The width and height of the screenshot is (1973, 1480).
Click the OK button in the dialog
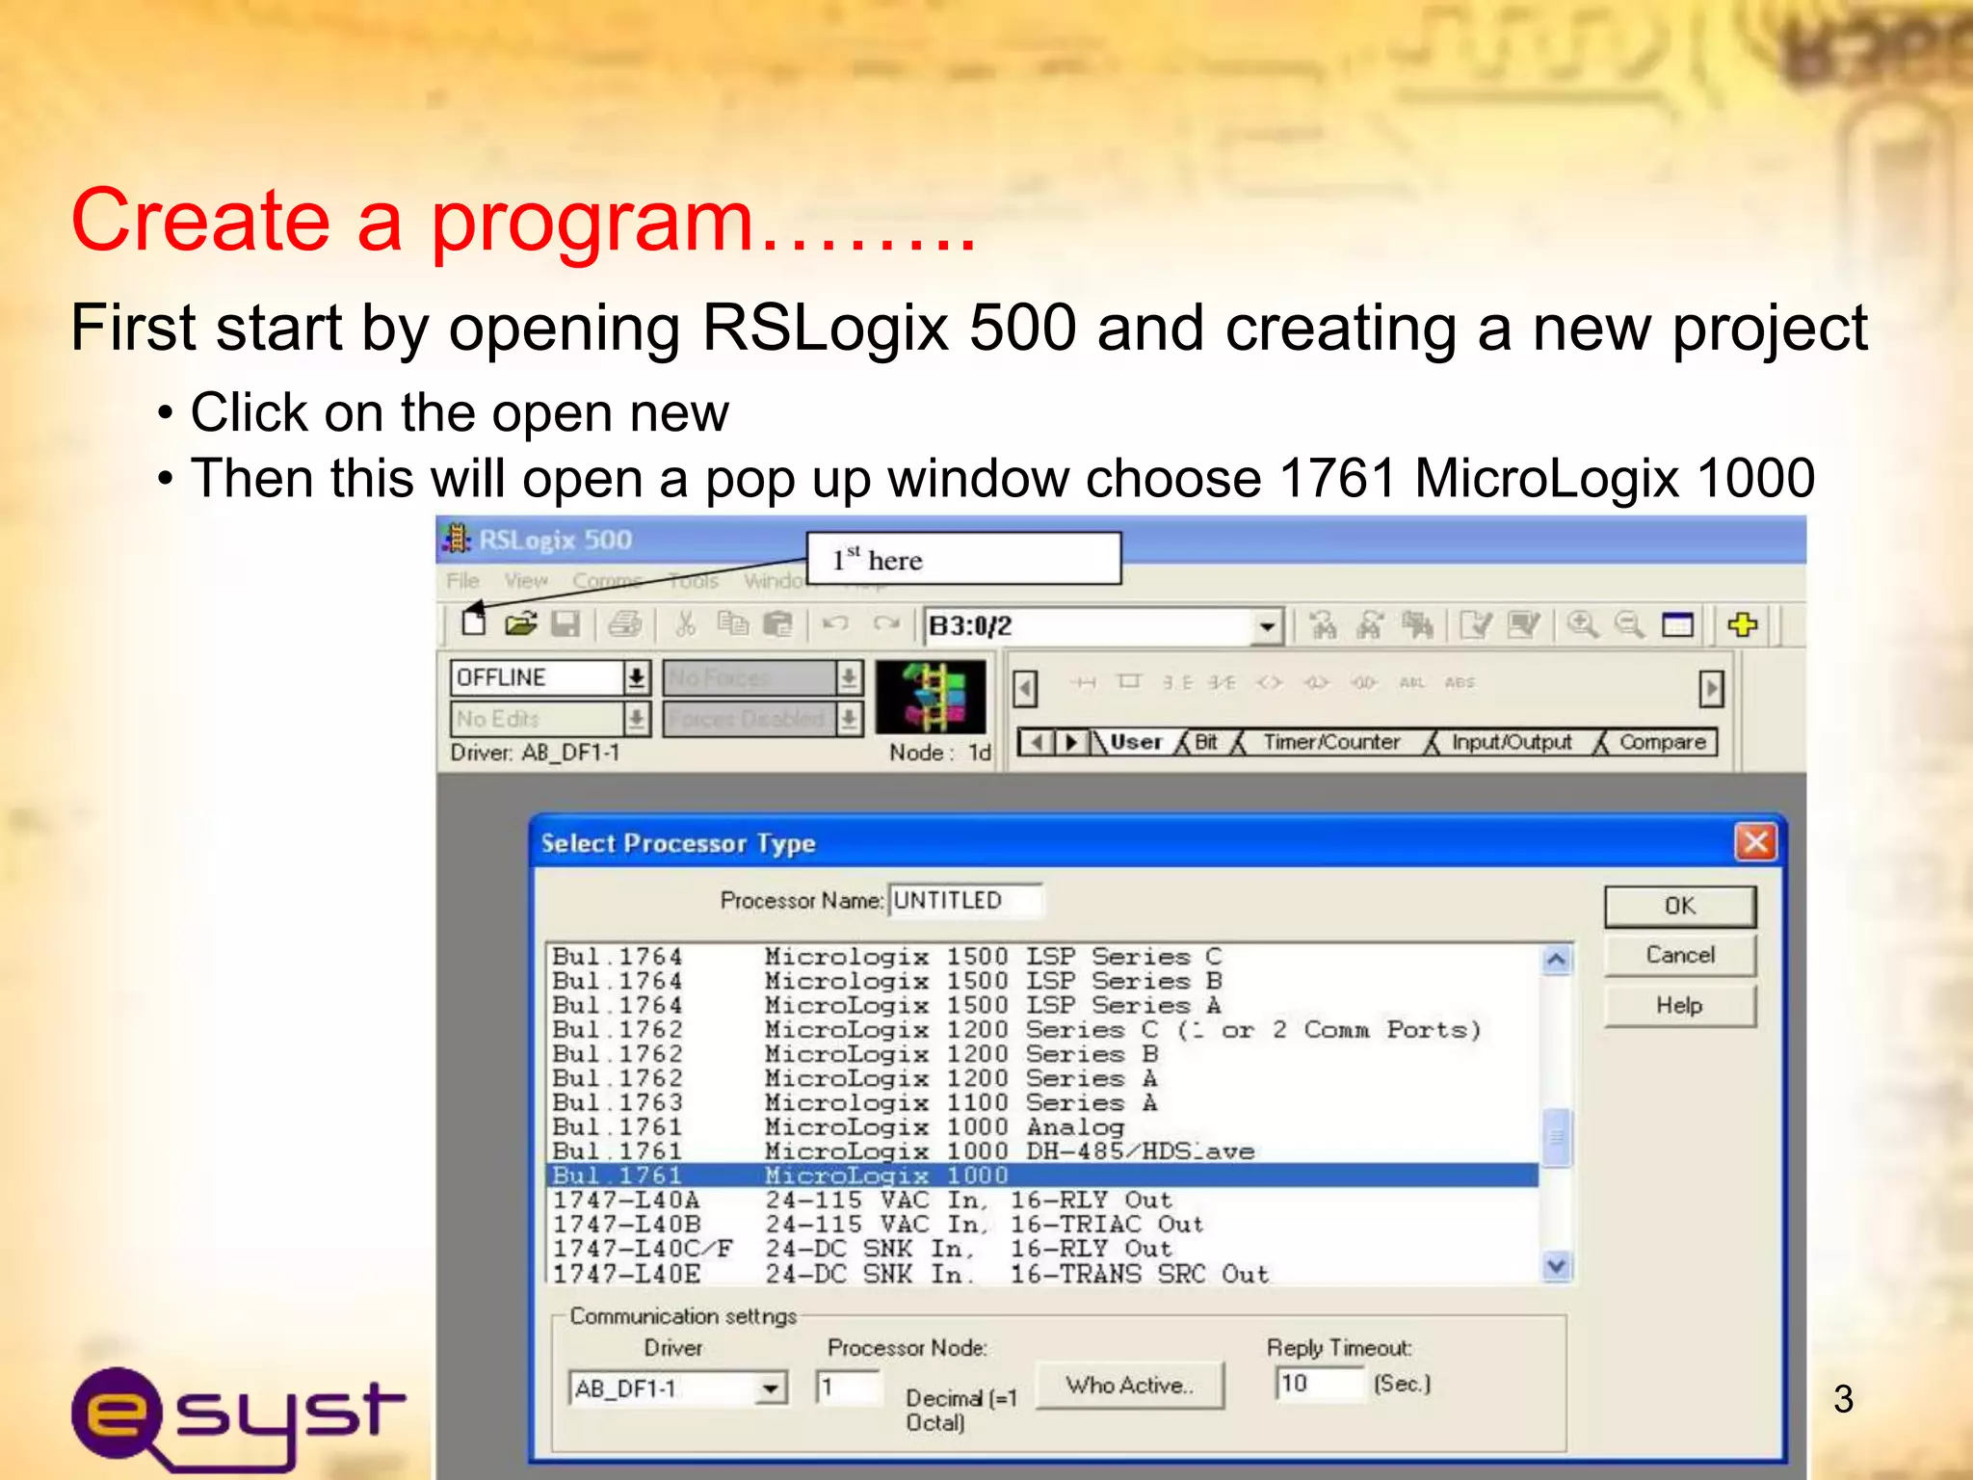(x=1679, y=906)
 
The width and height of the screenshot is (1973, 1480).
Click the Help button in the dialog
(x=1679, y=1006)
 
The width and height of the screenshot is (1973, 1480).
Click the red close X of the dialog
(x=1755, y=842)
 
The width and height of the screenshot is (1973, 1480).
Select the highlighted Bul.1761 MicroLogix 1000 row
(x=1040, y=1176)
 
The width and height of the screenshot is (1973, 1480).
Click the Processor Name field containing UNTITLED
(x=963, y=900)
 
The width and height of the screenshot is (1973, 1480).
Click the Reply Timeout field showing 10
(x=1318, y=1384)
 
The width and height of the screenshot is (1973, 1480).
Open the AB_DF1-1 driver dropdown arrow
(x=770, y=1388)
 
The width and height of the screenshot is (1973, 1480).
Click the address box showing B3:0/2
(x=1089, y=626)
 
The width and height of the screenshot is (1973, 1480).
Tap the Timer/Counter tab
(x=1331, y=742)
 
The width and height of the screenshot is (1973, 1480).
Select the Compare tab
(x=1662, y=742)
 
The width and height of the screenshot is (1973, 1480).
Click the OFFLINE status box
(x=538, y=677)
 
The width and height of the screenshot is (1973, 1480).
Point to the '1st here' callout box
(x=963, y=559)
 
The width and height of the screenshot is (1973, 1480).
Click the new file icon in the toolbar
(x=473, y=623)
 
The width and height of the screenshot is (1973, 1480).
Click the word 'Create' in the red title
(x=200, y=221)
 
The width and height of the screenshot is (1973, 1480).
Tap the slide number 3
(x=1843, y=1399)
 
